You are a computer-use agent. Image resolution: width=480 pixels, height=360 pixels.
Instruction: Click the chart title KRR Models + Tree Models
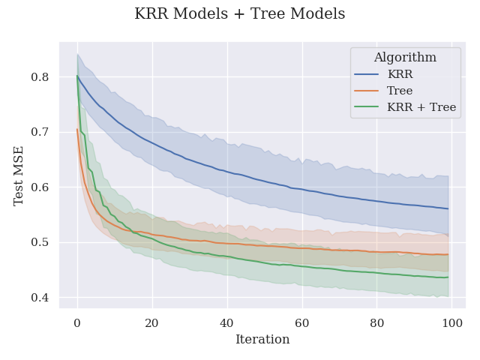coord(240,14)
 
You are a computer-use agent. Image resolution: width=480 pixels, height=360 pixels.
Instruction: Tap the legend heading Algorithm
coord(405,58)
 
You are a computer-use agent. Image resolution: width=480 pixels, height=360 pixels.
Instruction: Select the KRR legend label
coord(401,74)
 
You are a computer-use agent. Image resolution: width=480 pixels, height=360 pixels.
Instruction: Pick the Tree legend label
coord(400,91)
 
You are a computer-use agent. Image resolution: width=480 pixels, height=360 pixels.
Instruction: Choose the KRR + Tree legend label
coord(421,107)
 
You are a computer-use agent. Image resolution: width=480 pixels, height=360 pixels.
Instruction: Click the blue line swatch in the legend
coord(366,74)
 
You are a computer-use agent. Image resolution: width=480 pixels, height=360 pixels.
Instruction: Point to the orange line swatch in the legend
coord(366,91)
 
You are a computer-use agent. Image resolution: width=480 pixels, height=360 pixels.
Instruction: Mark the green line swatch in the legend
coord(366,107)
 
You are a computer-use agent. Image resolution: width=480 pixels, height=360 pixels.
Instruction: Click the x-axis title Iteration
coord(262,340)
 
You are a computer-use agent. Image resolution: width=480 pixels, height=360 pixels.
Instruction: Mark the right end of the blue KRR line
coord(448,208)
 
